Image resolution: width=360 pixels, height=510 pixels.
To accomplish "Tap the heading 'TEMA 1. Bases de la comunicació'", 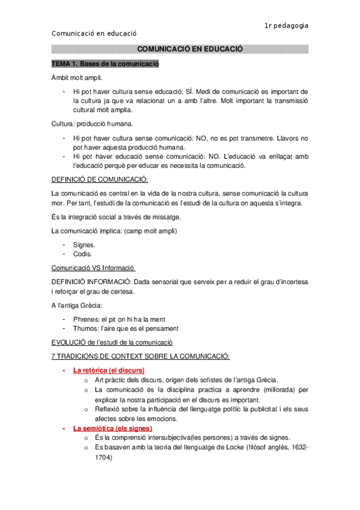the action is coord(105,64).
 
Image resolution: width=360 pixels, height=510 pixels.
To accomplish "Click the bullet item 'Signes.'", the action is coord(84,245).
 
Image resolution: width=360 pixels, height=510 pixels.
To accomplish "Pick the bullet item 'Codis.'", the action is coord(83,254).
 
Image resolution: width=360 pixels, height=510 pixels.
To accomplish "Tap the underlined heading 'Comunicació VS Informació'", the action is coord(93,268).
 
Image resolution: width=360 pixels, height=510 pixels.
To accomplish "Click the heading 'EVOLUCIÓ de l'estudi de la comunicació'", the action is coord(112,342).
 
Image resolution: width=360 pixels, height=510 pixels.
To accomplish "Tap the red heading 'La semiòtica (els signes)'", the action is coord(112,428).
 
